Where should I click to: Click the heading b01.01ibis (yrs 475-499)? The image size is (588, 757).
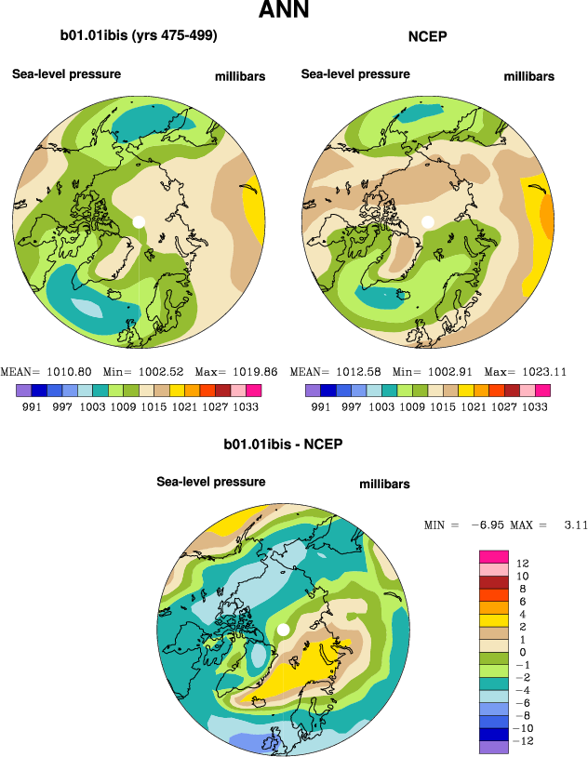tap(139, 36)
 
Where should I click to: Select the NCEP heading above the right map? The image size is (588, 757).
tap(428, 37)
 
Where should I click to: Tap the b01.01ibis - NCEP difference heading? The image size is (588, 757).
tap(283, 445)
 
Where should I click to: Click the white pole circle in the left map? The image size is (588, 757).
tap(139, 221)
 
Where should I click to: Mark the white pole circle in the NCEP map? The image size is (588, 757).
tap(428, 221)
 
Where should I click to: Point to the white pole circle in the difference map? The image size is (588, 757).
tap(282, 631)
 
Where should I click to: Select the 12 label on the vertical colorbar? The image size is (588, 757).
tap(523, 563)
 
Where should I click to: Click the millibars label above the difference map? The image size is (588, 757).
tap(384, 485)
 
